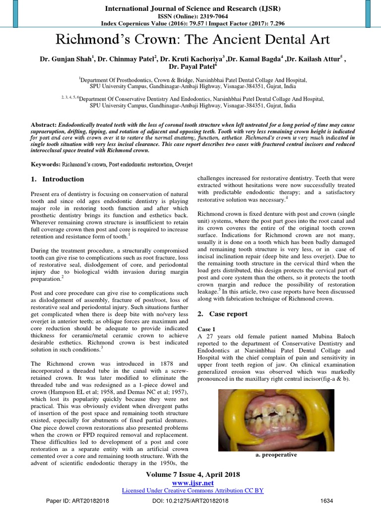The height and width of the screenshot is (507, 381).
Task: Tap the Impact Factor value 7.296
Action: pyautogui.click(x=270, y=23)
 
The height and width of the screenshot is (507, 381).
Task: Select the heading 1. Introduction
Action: pyautogui.click(x=57, y=179)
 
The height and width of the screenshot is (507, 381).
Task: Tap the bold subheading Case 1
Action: pyautogui.click(x=206, y=329)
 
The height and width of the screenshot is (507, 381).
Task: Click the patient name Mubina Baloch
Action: pyautogui.click(x=311, y=336)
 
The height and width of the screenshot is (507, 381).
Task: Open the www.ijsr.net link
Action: pyautogui.click(x=190, y=482)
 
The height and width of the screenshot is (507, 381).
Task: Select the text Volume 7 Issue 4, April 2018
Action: pyautogui.click(x=190, y=474)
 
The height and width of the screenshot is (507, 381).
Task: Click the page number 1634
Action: pyautogui.click(x=327, y=500)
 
